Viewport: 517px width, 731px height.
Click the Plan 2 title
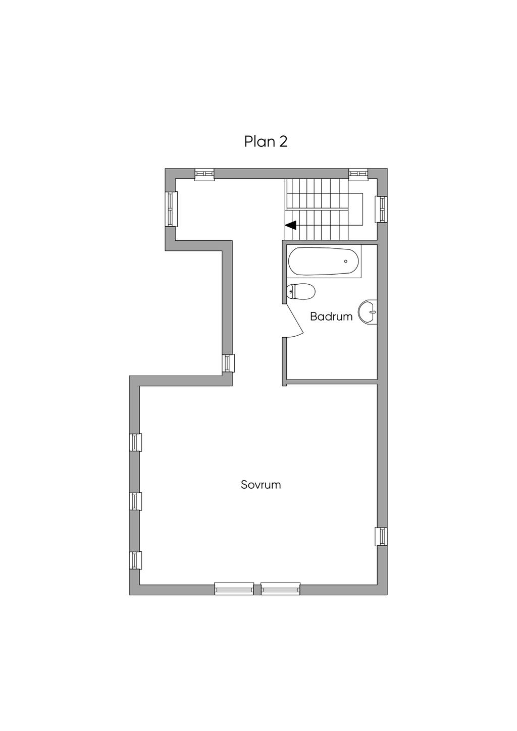(x=266, y=141)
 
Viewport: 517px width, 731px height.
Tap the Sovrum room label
(x=261, y=485)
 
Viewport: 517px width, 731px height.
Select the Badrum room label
(x=331, y=317)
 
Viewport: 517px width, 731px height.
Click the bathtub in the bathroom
(x=324, y=262)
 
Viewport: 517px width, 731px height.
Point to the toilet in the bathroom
(x=301, y=291)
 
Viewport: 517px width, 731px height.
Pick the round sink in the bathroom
(x=368, y=312)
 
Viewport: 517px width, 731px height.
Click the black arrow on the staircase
(x=291, y=225)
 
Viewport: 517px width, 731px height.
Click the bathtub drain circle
(x=346, y=262)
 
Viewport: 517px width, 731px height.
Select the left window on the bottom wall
(x=234, y=589)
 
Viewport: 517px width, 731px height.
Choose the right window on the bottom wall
(x=280, y=589)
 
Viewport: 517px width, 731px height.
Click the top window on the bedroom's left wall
(x=135, y=442)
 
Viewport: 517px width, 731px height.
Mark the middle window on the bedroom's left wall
(x=135, y=501)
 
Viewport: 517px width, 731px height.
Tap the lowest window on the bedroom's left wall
(x=135, y=560)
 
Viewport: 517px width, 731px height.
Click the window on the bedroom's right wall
(x=381, y=536)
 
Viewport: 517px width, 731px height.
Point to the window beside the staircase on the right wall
(x=381, y=209)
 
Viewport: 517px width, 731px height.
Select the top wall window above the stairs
(x=358, y=174)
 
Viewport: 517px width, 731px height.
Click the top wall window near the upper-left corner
(x=204, y=174)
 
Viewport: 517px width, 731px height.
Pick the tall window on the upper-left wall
(x=171, y=208)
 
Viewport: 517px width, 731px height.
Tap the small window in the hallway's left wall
(x=228, y=363)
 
